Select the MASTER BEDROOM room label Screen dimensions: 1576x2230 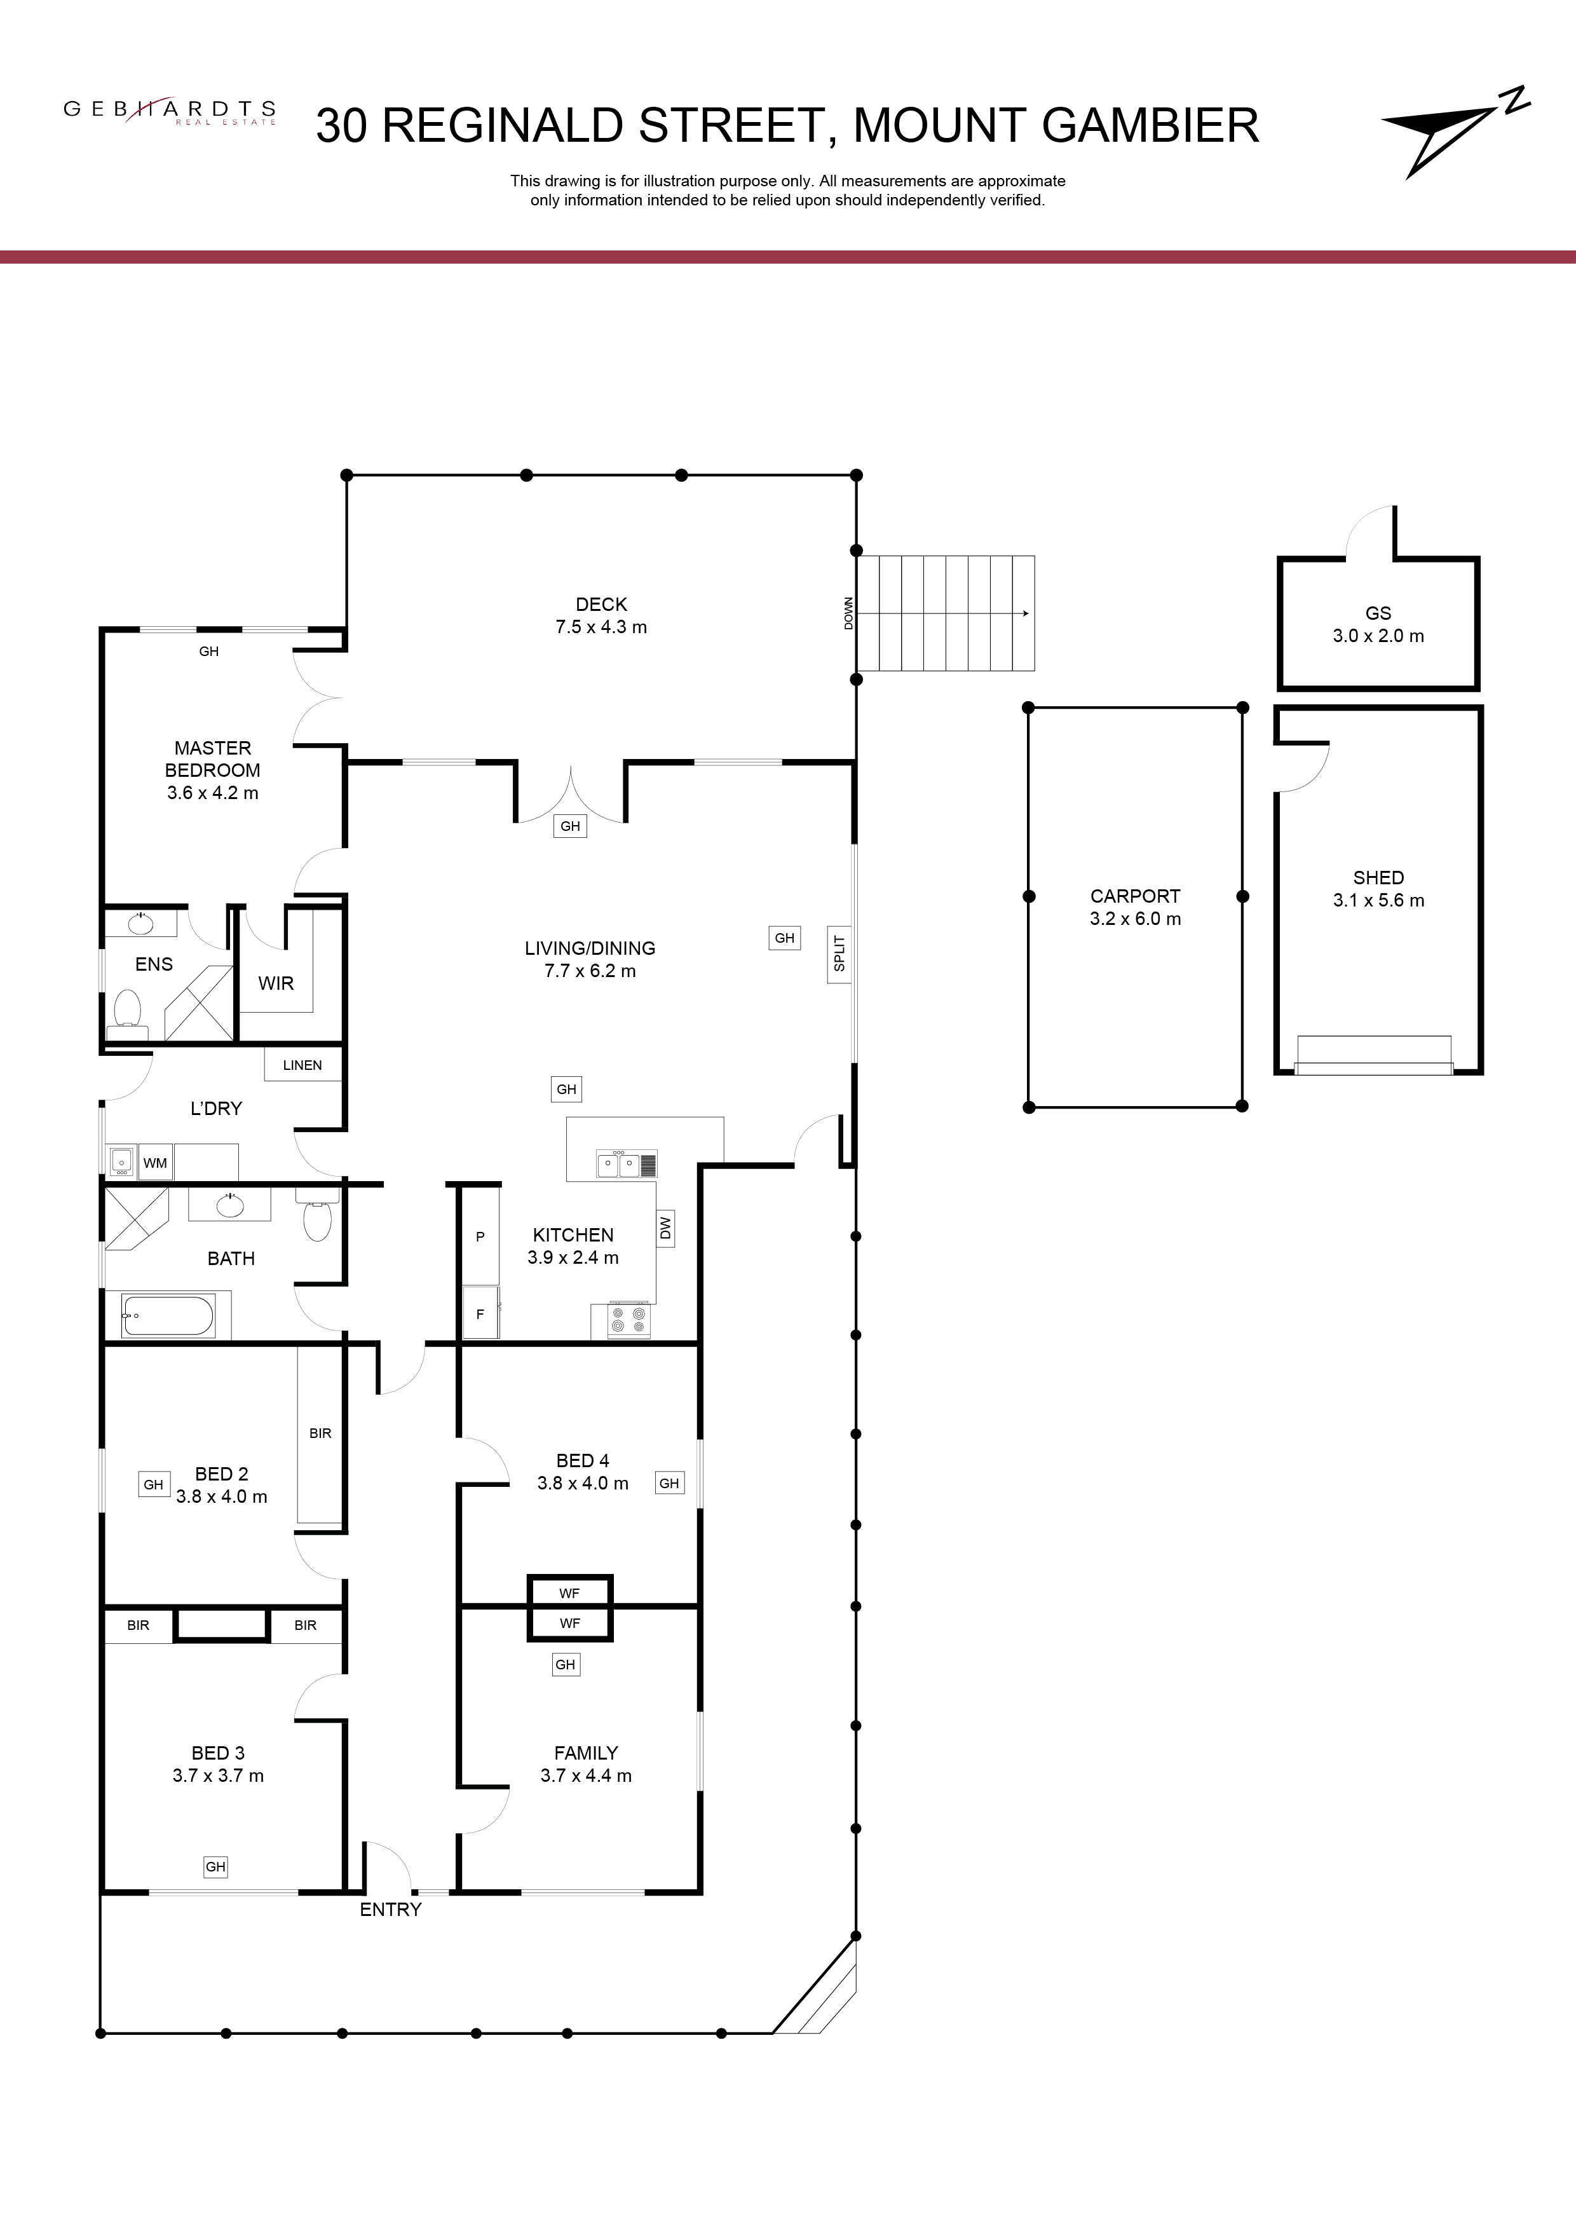pos(213,758)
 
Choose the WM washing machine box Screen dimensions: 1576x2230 pos(155,1163)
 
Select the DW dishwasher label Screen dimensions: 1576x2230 pos(665,1229)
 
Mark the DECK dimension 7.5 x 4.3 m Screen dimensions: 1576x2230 pos(601,627)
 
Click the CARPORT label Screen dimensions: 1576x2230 pos(1135,896)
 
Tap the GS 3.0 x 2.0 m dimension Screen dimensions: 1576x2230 pos(1378,636)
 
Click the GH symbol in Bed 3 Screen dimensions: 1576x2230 pos(215,1867)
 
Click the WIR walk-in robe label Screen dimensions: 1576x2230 pos(276,984)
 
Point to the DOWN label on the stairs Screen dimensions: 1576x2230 pos(849,614)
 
